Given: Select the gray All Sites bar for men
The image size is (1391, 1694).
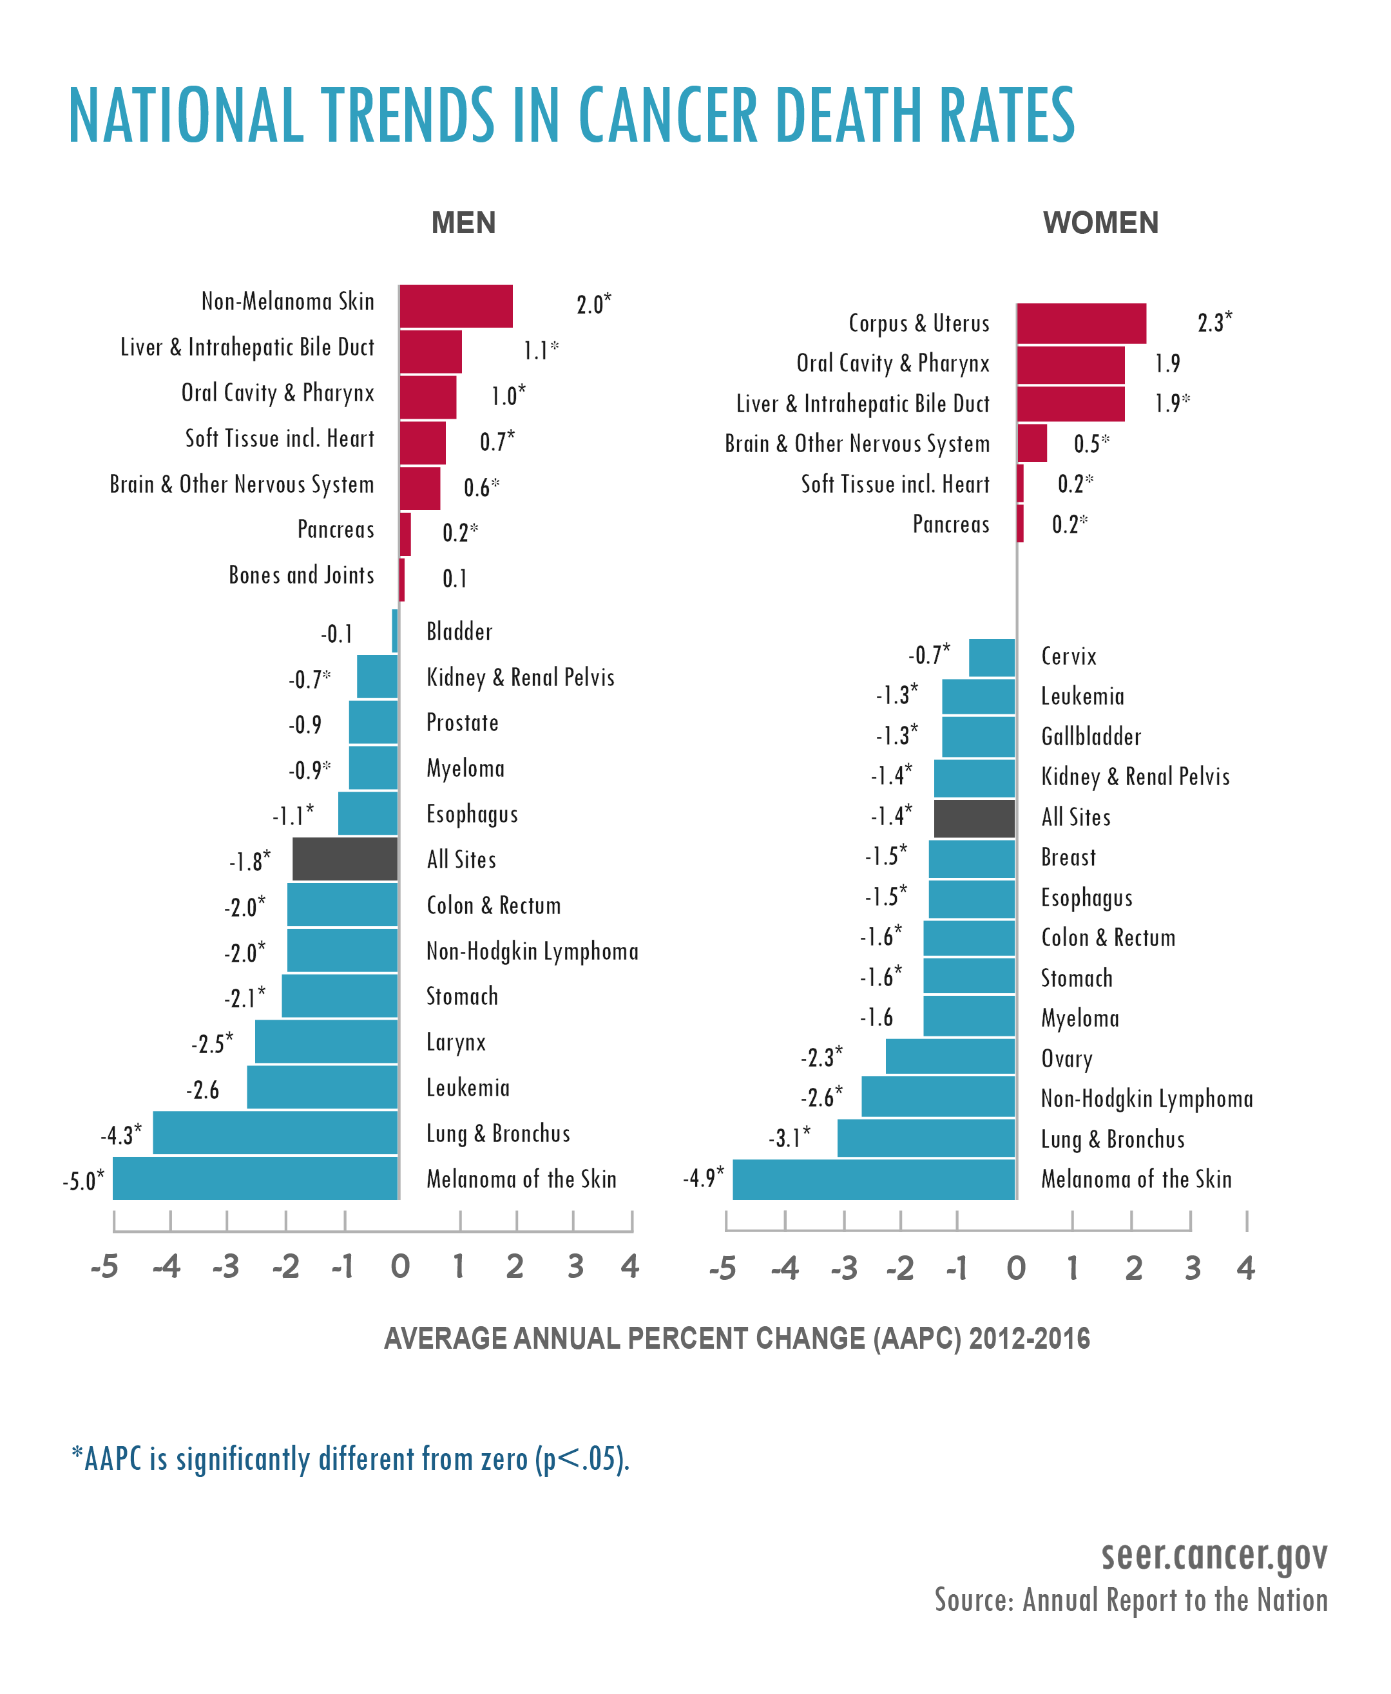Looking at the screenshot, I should point(345,859).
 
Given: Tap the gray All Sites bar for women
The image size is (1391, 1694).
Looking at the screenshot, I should point(974,818).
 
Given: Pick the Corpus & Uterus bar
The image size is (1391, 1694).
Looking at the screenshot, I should point(1081,323).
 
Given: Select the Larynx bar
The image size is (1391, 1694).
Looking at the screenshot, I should point(325,1042).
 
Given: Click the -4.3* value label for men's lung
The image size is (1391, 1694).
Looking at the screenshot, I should point(121,1134).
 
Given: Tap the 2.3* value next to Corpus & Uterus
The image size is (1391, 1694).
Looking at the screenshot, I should point(1214,322).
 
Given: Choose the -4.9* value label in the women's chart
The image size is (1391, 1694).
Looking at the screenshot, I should point(703,1177).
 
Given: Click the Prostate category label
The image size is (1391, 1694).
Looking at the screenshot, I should point(463,723).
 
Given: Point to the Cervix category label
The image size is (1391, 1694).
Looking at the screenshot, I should point(1068,656).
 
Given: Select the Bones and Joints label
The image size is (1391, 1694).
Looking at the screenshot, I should point(302,575).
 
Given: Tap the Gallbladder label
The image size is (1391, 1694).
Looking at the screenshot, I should point(1091,736).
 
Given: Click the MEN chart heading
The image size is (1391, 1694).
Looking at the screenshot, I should point(463,223).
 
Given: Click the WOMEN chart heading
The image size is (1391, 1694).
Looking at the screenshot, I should point(1100,223).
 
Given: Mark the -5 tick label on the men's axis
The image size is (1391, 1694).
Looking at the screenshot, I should point(104,1266).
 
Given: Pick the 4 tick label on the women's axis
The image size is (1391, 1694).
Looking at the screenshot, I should point(1245,1267).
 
